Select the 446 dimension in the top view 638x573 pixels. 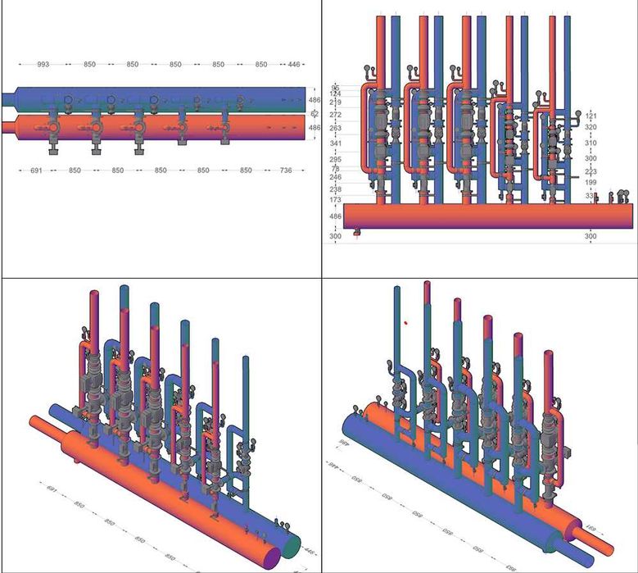pyautogui.click(x=292, y=64)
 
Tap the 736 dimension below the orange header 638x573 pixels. pyautogui.click(x=286, y=170)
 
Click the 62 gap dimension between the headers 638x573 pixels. pyautogui.click(x=314, y=114)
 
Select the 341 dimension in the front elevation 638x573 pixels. pyautogui.click(x=336, y=143)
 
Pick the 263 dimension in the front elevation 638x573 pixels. pyautogui.click(x=336, y=129)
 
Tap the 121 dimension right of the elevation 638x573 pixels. pyautogui.click(x=591, y=116)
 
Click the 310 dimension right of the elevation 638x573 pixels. pyautogui.click(x=591, y=143)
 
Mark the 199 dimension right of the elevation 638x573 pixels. pyautogui.click(x=591, y=183)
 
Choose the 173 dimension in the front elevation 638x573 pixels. pyautogui.click(x=336, y=201)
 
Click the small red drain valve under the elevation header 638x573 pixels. pyautogui.click(x=357, y=233)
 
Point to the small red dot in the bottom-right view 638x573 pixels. pyautogui.click(x=405, y=323)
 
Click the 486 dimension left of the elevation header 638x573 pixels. pyautogui.click(x=336, y=216)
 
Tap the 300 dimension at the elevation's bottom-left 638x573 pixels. pyautogui.click(x=336, y=236)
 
